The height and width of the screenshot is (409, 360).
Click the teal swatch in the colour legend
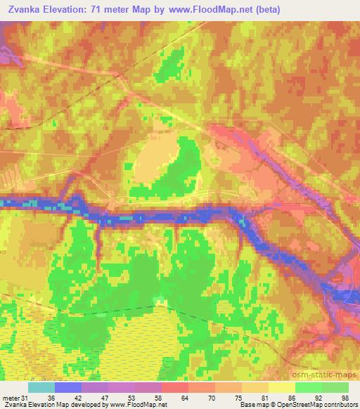[41, 387]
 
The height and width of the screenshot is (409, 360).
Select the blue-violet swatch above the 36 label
[68, 387]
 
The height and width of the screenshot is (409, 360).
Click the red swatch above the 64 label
[175, 387]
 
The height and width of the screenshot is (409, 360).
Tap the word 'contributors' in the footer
[337, 405]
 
